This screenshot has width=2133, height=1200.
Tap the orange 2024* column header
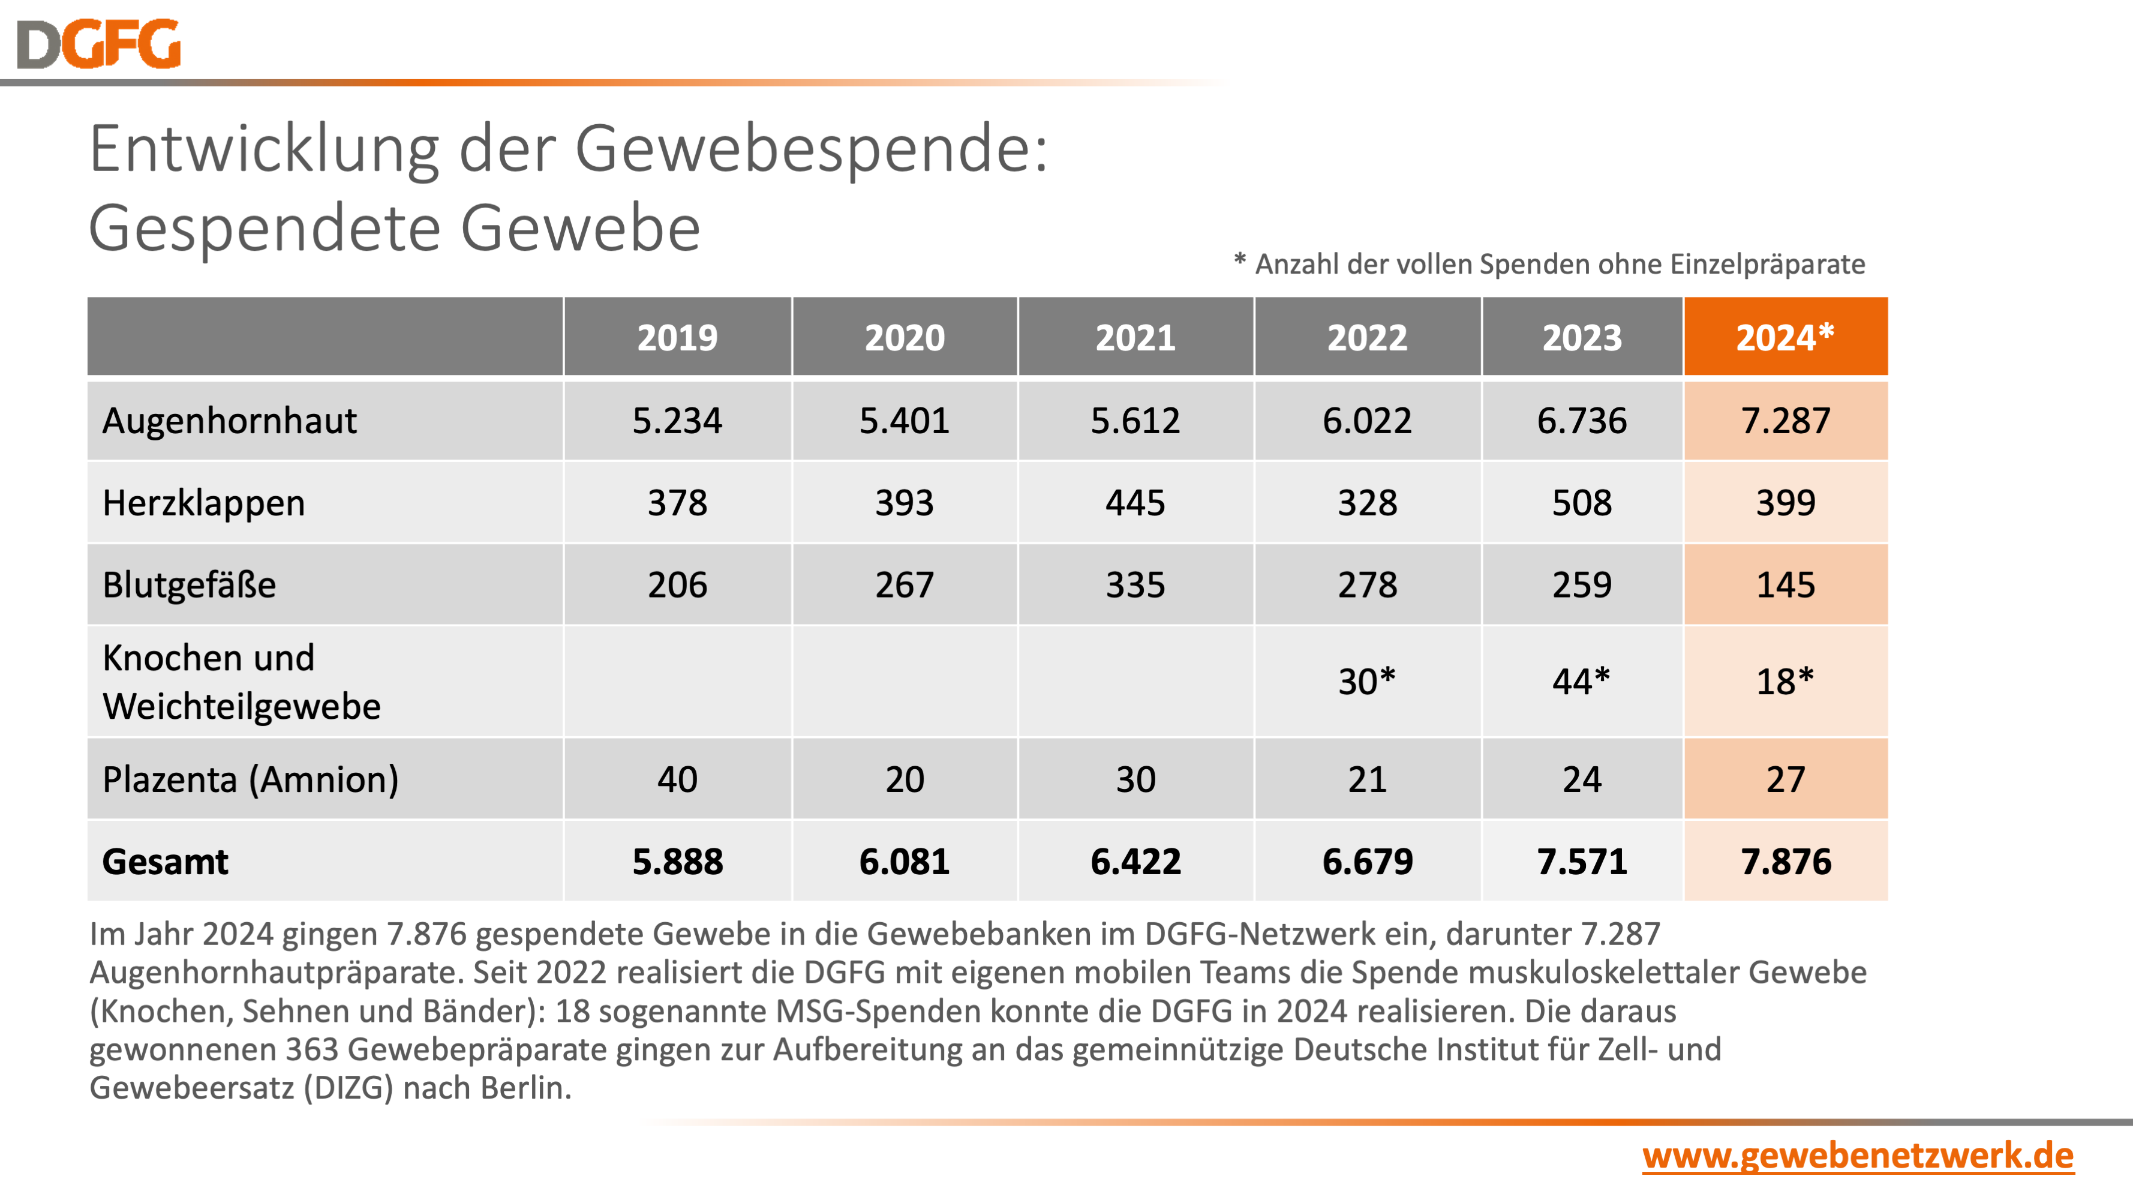click(x=1784, y=337)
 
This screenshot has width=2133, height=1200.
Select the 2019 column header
click(x=677, y=337)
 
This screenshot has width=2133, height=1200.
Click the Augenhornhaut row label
click(x=229, y=421)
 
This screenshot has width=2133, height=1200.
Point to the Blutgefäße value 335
click(x=1135, y=584)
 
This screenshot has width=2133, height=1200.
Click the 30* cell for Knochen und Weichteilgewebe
click(x=1366, y=682)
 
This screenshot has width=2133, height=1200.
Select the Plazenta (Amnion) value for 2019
click(x=677, y=779)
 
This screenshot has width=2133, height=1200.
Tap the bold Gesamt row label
click(x=165, y=861)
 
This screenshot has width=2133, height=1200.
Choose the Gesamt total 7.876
click(x=1785, y=861)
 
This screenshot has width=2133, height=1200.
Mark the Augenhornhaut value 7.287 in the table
click(x=1785, y=421)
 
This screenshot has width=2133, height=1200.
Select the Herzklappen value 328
click(x=1367, y=503)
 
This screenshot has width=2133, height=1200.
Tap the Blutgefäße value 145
click(x=1785, y=584)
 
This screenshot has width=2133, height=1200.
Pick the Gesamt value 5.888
click(x=677, y=861)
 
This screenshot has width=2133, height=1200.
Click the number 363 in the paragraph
click(x=312, y=1049)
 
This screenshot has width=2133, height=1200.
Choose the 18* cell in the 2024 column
click(x=1784, y=682)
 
